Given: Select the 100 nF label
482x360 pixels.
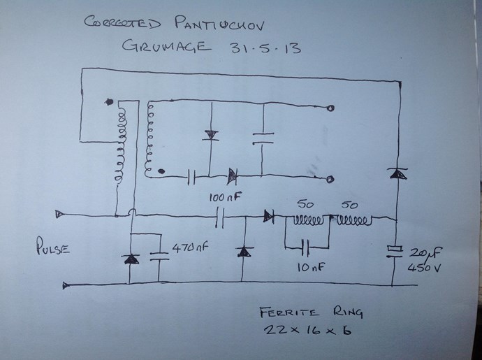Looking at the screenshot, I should [x=224, y=198].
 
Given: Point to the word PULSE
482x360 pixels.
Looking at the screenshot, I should [x=50, y=247].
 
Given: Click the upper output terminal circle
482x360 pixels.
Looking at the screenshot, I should [x=330, y=108].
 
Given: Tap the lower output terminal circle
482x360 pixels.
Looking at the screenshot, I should [x=330, y=178].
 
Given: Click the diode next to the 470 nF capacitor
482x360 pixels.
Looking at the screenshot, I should [x=130, y=259].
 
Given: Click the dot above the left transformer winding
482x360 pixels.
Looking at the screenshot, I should [x=108, y=102].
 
